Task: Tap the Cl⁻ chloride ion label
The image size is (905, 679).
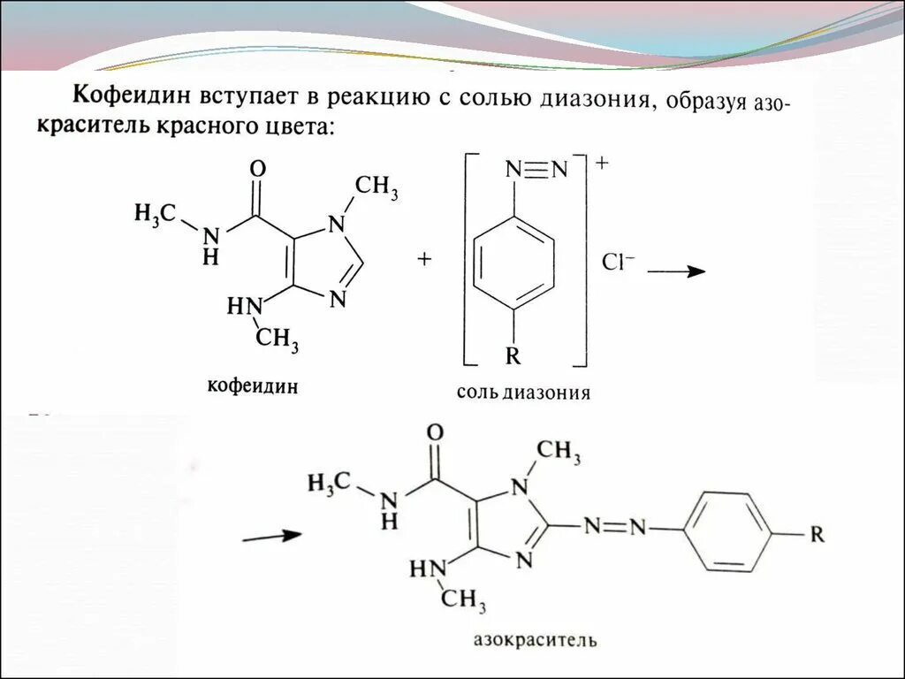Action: coord(618,263)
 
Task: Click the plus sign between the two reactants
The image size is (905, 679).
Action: coord(425,258)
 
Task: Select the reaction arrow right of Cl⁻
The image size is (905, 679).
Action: coord(676,271)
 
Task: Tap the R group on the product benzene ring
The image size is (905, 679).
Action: coord(818,534)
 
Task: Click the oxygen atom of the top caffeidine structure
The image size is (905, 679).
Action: coord(259,168)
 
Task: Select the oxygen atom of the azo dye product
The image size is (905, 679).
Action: coord(434,432)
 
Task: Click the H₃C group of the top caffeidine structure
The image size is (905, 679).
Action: coord(156,213)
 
